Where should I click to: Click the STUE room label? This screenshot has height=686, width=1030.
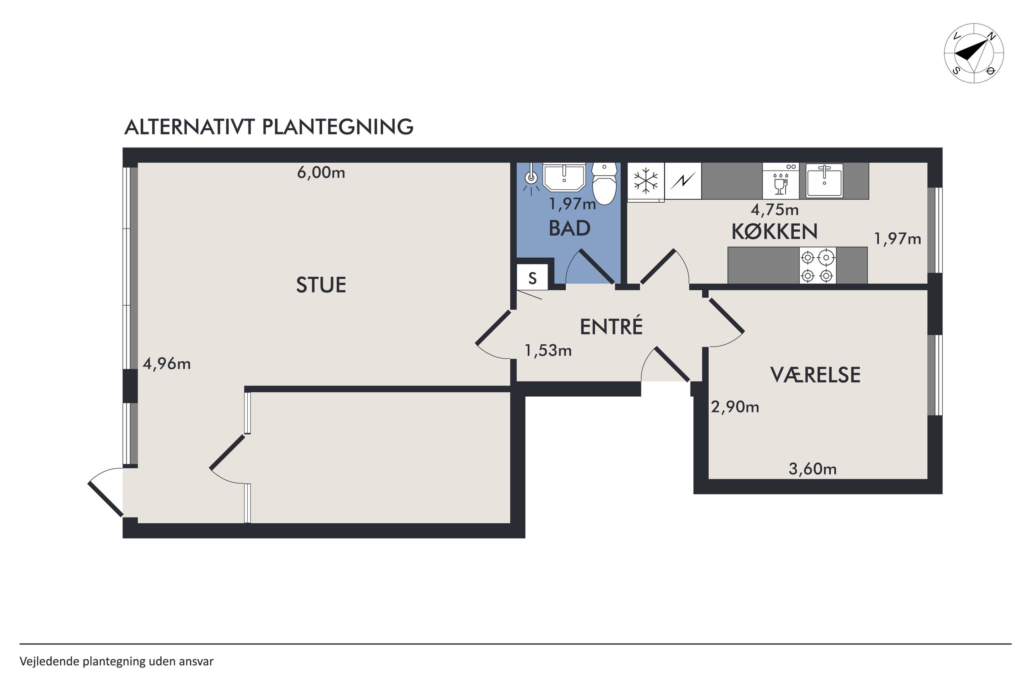pos(321,285)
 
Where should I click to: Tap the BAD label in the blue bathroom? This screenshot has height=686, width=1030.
pos(570,228)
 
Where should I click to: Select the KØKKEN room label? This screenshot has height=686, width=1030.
pos(774,232)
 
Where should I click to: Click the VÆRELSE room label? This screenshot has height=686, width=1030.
pos(815,375)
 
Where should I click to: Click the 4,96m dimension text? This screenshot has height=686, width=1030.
pos(167,363)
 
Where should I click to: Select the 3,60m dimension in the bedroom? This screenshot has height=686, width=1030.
pos(813,469)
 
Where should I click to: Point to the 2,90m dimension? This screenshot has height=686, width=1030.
pos(734,407)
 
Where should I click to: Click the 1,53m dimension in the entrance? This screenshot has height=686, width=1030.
pos(548,350)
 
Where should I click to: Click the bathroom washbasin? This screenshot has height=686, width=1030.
pos(564,177)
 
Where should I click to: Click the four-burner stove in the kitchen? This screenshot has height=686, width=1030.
pos(817,265)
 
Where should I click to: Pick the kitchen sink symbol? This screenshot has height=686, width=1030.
pos(824,180)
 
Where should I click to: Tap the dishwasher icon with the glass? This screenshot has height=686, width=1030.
pos(780,181)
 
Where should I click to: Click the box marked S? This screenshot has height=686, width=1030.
pos(532,277)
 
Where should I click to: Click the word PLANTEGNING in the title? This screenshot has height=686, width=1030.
pos(338,127)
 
